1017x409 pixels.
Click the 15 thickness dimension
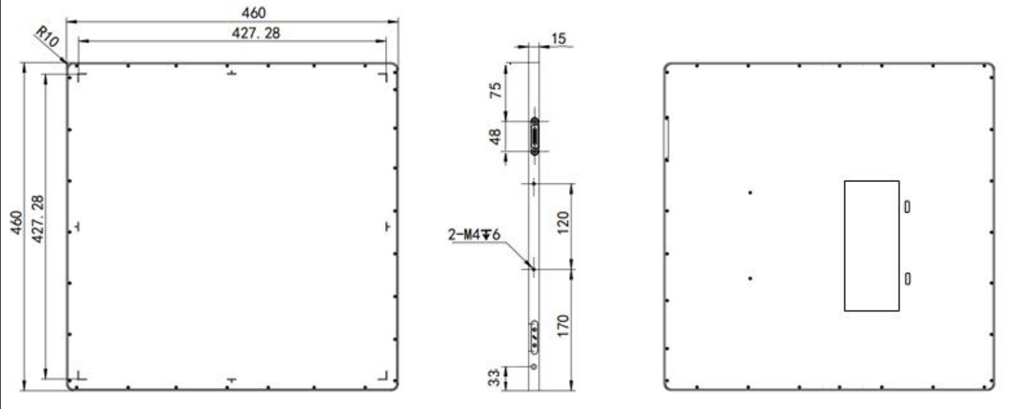[x=558, y=39]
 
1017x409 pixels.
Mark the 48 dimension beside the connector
[x=496, y=138]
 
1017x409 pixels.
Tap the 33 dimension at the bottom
[x=496, y=377]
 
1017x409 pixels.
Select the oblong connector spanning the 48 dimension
[x=534, y=138]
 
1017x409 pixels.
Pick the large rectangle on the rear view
[x=871, y=245]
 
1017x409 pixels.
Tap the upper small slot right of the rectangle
[x=907, y=206]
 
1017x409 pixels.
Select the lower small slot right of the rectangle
[x=907, y=278]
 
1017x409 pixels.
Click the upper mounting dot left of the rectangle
[x=750, y=193]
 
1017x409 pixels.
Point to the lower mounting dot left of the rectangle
[x=750, y=278]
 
